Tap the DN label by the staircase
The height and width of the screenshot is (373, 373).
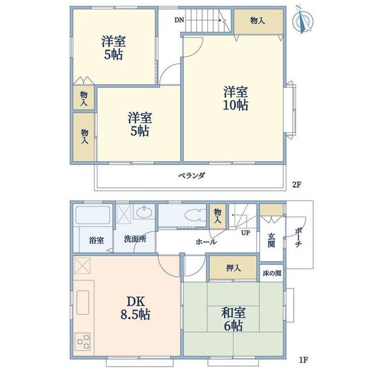178,20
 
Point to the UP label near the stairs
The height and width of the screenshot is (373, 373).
246,232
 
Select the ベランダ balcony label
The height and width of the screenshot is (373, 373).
191,176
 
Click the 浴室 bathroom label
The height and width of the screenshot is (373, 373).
96,240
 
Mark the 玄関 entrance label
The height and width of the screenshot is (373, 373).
272,240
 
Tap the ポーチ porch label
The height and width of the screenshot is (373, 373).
298,236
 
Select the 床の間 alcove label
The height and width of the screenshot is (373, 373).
272,273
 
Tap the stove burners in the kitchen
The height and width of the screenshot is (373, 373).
83,340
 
